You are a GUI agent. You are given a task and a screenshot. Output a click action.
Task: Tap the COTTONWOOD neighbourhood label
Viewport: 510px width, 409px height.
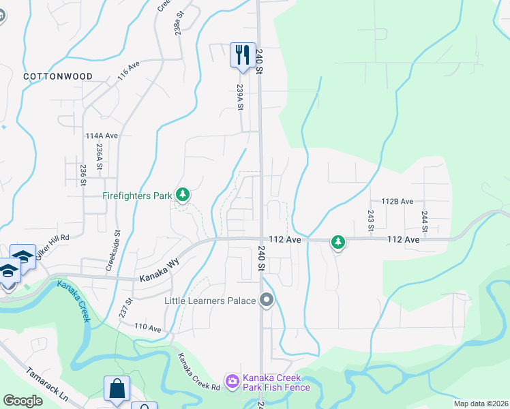(57, 76)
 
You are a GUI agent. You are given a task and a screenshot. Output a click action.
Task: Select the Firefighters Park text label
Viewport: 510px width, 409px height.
(137, 196)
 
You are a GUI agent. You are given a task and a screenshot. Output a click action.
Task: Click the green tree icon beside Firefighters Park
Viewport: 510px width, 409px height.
(182, 196)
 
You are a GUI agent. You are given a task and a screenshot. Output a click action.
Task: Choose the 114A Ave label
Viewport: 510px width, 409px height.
(102, 136)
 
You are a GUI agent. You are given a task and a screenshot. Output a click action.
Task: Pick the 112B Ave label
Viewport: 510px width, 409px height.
(397, 201)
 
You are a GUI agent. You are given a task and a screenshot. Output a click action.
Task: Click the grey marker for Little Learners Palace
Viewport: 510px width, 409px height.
(267, 300)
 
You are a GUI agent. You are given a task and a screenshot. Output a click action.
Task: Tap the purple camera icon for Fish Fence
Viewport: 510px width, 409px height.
(232, 379)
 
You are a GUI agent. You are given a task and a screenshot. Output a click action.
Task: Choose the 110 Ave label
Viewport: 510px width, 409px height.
(147, 329)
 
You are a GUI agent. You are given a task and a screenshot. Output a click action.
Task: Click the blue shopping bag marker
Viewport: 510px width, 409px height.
(117, 389)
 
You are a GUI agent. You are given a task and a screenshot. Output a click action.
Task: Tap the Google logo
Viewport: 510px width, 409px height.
(23, 401)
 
